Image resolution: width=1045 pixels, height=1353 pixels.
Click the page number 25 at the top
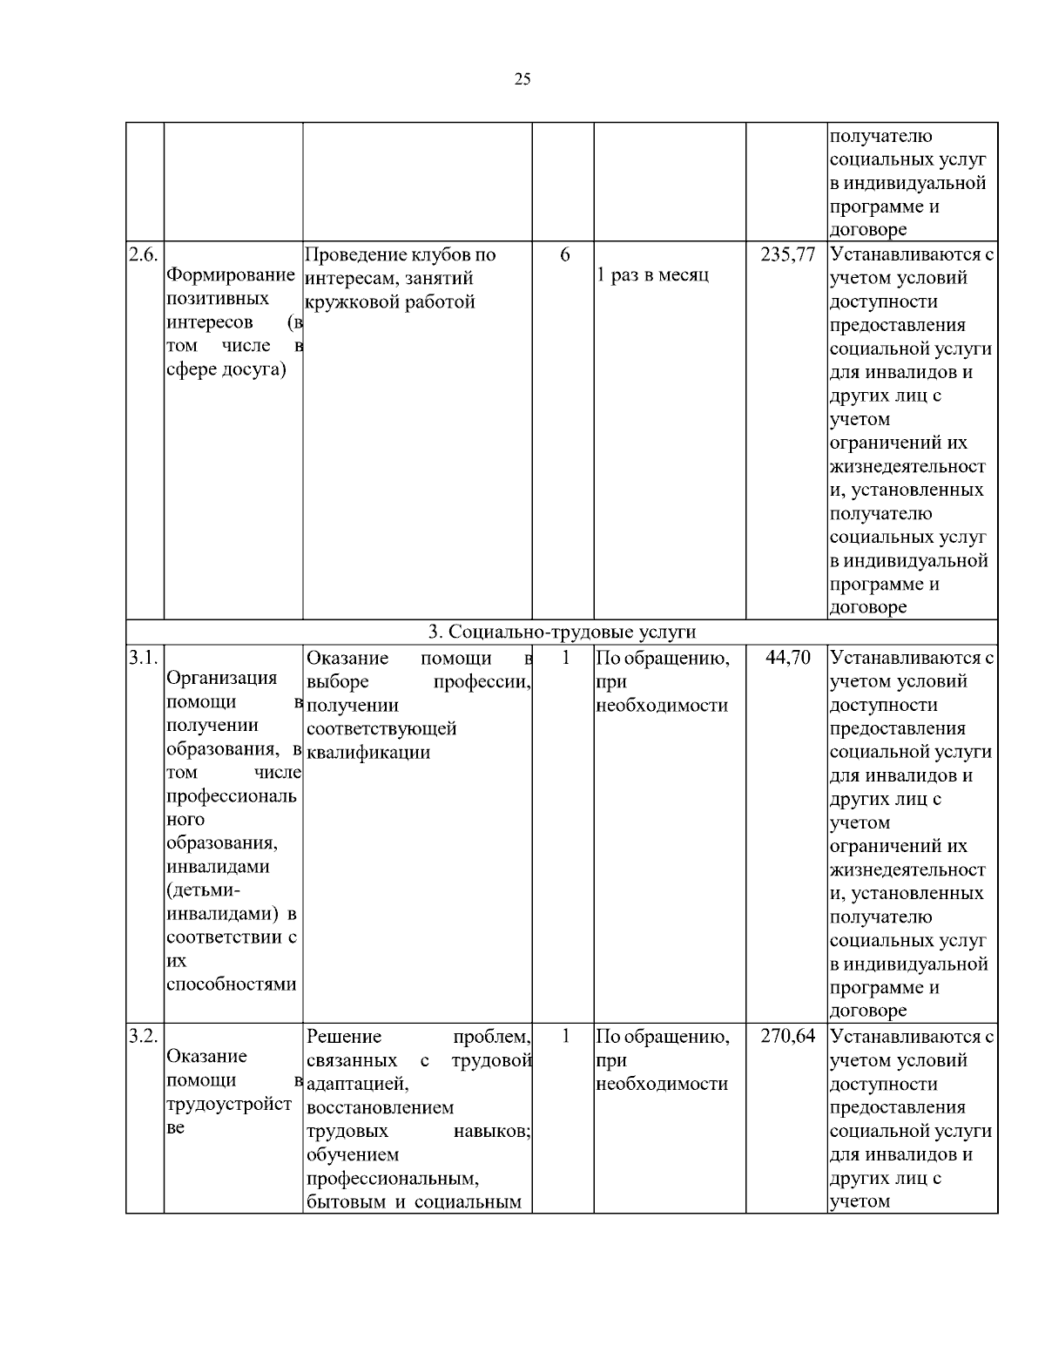522,80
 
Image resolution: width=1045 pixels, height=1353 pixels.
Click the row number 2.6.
144,255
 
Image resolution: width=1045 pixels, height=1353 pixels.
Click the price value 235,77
787,255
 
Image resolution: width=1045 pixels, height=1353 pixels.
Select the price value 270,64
787,1037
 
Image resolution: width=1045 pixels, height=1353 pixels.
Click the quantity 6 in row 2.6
564,255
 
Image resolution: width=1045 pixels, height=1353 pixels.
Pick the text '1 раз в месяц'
652,275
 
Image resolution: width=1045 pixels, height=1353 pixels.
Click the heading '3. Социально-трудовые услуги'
562,632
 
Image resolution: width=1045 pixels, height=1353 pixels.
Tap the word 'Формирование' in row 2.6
231,275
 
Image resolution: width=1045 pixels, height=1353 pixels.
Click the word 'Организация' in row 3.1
222,678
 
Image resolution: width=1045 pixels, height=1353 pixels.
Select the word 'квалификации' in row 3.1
368,752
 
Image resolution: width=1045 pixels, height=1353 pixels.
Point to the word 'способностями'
231,984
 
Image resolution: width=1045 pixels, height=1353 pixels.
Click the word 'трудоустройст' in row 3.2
228,1104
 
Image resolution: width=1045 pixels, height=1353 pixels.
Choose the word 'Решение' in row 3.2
344,1037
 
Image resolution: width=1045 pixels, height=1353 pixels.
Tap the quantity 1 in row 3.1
564,658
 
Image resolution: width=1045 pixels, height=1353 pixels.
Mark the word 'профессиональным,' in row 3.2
394,1179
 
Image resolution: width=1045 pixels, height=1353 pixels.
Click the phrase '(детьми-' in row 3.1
202,890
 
